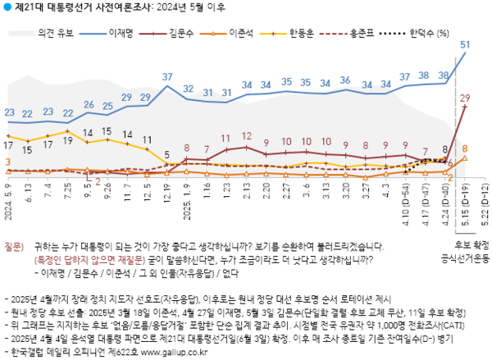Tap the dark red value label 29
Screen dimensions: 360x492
(x=464, y=98)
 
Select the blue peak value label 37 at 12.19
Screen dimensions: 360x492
(x=166, y=78)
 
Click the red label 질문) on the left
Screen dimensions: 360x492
(x=16, y=245)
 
